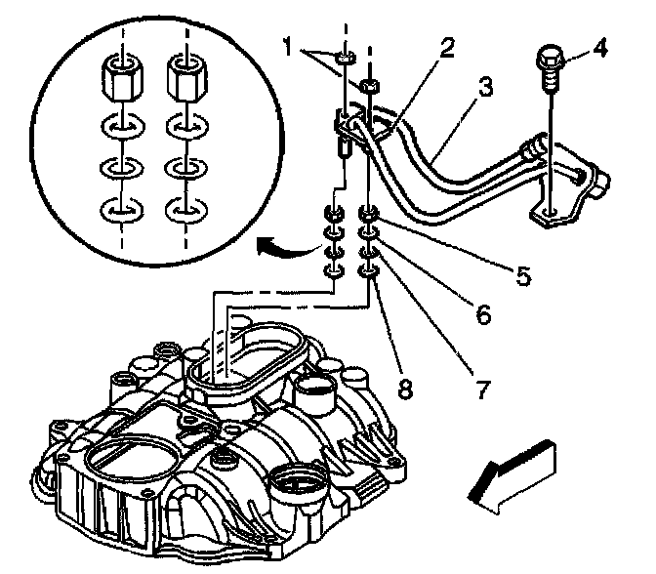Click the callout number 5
click(x=524, y=276)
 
